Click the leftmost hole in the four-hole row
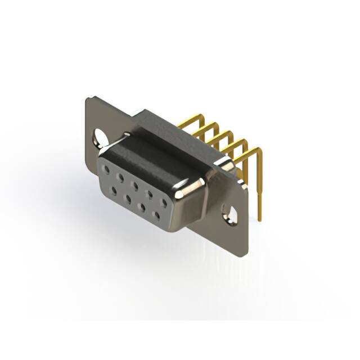tap(114, 191)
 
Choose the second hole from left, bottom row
tap(128, 199)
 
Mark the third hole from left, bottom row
tap(142, 207)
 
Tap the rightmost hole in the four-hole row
tap(156, 215)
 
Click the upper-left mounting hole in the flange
tap(100, 136)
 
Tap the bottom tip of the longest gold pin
tap(260, 218)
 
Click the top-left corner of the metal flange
tap(88, 100)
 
